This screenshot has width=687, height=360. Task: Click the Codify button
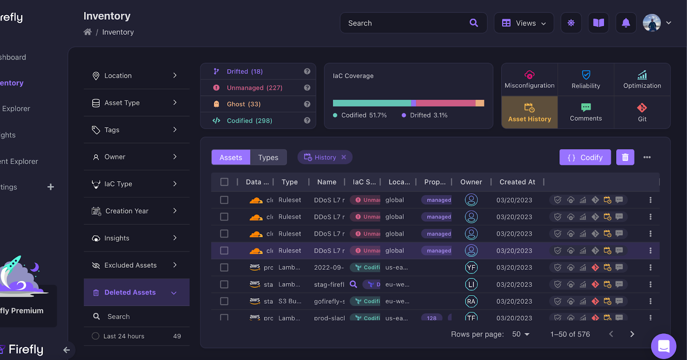[585, 158]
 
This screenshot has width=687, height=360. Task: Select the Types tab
[268, 158]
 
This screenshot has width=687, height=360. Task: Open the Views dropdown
[524, 23]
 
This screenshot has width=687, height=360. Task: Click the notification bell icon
[626, 23]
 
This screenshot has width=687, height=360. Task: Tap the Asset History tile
[529, 113]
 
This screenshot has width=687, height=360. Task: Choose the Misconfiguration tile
[529, 80]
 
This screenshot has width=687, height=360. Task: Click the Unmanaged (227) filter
[254, 88]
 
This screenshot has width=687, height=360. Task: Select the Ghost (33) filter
[243, 104]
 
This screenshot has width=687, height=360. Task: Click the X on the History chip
[343, 157]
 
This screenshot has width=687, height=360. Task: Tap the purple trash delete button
[625, 158]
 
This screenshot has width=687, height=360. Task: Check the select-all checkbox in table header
[224, 182]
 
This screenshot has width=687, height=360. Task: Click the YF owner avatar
[471, 268]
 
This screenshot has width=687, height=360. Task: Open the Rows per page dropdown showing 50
[521, 334]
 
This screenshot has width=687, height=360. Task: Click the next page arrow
[632, 334]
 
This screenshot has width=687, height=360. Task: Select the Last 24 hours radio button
[95, 336]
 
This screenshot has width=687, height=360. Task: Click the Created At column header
[517, 182]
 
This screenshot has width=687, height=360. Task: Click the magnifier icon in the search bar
[474, 23]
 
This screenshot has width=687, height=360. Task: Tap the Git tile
[642, 113]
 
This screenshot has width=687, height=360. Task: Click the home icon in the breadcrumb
[88, 32]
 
